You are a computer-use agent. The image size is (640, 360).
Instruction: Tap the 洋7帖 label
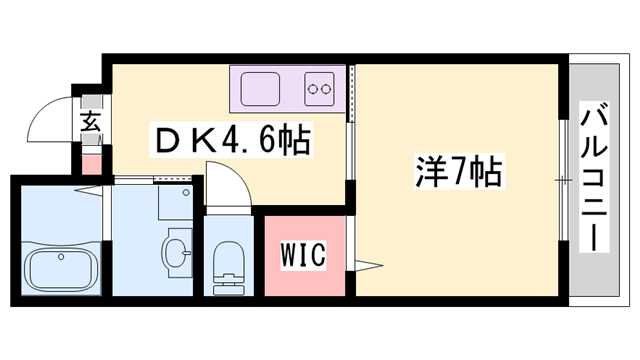[457, 170]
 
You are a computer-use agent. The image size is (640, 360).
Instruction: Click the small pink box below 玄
[91, 160]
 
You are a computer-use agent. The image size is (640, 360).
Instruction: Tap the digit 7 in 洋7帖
[458, 170]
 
